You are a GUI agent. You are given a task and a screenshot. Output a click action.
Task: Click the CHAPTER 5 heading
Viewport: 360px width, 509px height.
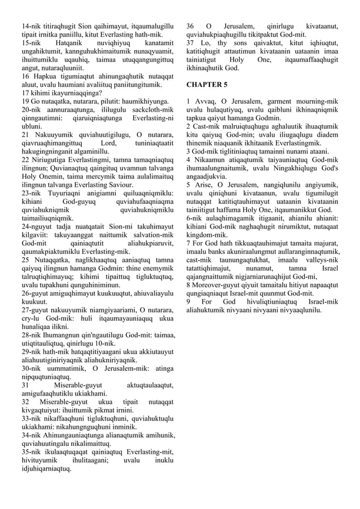[207, 85]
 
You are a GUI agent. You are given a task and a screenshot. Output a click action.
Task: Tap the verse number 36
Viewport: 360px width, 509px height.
[190, 25]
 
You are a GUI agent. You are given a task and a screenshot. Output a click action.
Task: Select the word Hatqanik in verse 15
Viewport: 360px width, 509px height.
[68, 42]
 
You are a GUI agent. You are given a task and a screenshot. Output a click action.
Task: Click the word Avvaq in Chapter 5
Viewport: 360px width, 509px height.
[205, 102]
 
